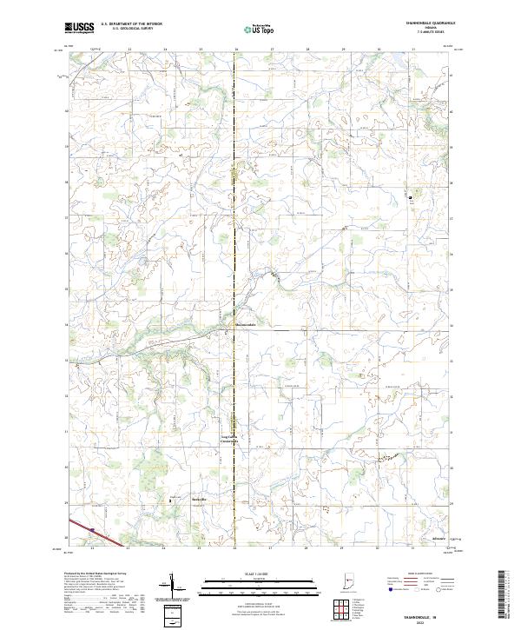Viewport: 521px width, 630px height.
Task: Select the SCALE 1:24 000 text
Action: click(236, 572)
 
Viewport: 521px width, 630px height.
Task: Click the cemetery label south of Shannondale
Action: click(229, 440)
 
